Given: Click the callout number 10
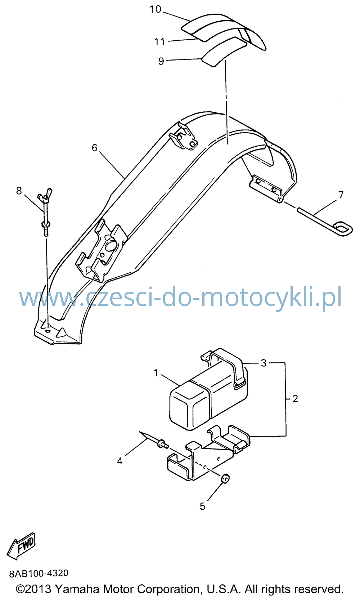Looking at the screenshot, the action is click(x=155, y=9).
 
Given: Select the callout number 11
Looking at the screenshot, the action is click(x=160, y=42).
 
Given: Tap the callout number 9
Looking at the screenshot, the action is click(x=161, y=61).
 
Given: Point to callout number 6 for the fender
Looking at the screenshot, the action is click(x=94, y=148).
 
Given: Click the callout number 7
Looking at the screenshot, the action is click(x=341, y=195).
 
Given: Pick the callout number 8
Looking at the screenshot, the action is click(x=19, y=191).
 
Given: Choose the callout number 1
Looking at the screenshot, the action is click(x=156, y=373).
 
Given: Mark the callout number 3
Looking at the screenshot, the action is click(x=264, y=363).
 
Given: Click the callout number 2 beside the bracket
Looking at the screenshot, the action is click(x=295, y=398).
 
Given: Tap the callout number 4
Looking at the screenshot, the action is click(x=120, y=461).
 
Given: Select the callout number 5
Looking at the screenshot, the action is click(x=203, y=506).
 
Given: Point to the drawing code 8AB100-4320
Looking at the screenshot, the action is click(x=39, y=574).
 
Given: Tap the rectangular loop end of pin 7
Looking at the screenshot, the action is click(x=343, y=229).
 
